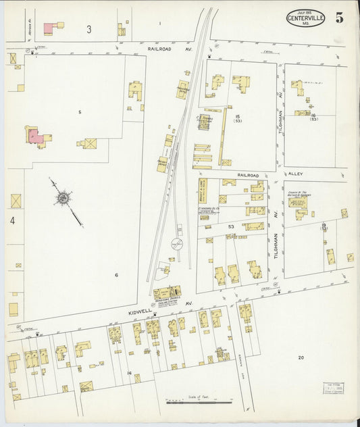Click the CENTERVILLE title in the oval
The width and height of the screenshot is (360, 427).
(x=305, y=18)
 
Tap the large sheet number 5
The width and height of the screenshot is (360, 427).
(x=338, y=18)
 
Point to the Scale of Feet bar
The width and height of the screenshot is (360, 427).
(x=199, y=403)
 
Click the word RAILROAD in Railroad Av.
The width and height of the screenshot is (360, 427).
(x=161, y=49)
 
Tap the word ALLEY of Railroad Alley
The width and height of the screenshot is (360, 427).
(x=294, y=174)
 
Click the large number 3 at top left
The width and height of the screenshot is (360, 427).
(x=88, y=30)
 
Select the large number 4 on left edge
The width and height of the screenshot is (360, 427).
(x=11, y=220)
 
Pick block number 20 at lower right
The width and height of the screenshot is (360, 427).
(x=301, y=357)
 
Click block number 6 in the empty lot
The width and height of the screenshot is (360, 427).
(x=116, y=275)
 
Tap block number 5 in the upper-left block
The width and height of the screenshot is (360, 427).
(x=79, y=111)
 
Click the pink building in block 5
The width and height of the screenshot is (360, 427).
(x=36, y=136)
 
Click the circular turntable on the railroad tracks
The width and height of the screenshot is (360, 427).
(x=176, y=245)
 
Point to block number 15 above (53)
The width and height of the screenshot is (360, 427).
(x=237, y=117)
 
